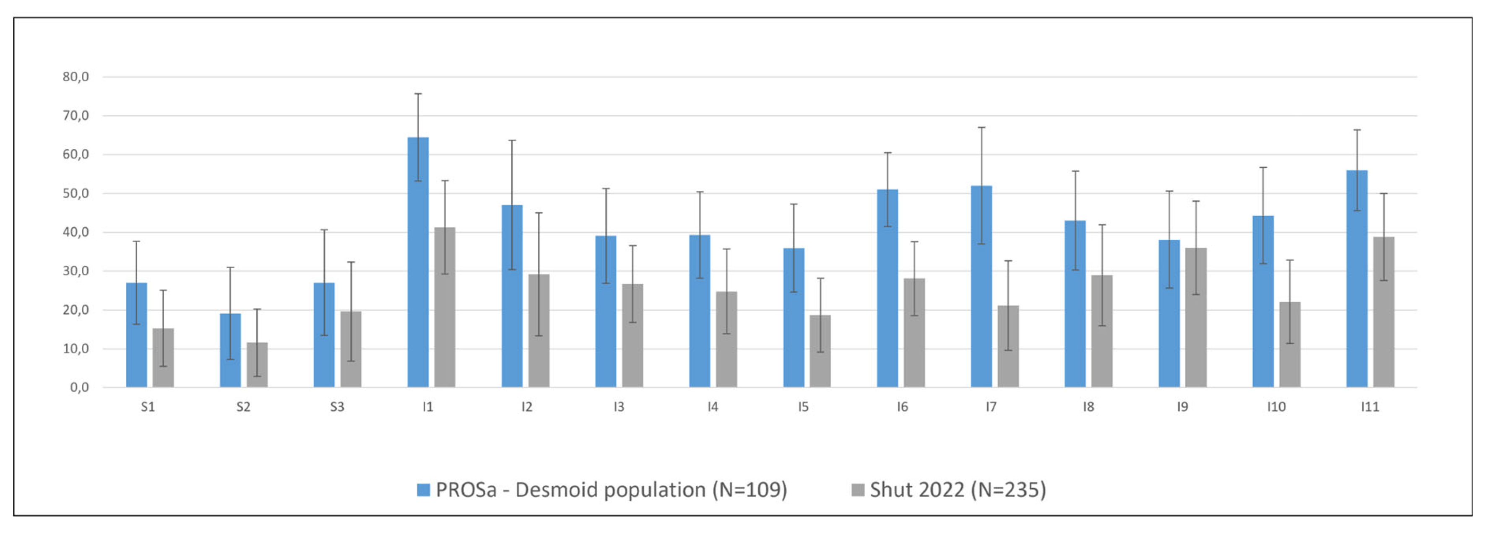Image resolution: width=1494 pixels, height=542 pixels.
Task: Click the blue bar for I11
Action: pyautogui.click(x=1356, y=279)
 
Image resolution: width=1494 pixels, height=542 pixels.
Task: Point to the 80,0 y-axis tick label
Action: pyautogui.click(x=75, y=77)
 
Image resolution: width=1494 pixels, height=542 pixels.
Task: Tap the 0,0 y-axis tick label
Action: pyautogui.click(x=79, y=387)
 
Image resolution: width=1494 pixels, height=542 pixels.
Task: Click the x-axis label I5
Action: pyautogui.click(x=803, y=407)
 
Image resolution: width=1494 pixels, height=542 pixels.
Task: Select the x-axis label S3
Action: pyautogui.click(x=337, y=407)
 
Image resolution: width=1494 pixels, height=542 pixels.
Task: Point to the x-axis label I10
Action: pyautogui.click(x=1276, y=407)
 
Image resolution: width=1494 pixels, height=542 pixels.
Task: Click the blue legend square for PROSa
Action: pyautogui.click(x=423, y=490)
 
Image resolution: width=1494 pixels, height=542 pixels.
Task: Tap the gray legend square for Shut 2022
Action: pyautogui.click(x=857, y=490)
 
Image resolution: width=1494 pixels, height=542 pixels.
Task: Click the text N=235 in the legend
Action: pyautogui.click(x=1012, y=490)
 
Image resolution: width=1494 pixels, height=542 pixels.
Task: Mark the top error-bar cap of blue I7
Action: pyautogui.click(x=981, y=127)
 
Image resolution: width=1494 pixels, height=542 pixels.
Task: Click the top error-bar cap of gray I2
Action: pyautogui.click(x=539, y=213)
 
